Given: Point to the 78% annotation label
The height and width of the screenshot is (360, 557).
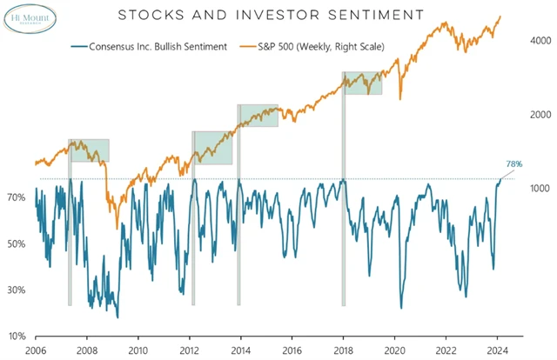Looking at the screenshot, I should point(514,164).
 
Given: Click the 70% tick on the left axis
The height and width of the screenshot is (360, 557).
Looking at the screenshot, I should point(17,198).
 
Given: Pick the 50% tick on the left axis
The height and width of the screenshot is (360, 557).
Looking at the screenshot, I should point(17,244).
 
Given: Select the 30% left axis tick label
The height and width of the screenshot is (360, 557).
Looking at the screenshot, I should point(17,290).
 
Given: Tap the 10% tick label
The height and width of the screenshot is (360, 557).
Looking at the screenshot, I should point(17,337).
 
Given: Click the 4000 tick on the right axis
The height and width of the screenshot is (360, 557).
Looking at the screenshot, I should point(540,41).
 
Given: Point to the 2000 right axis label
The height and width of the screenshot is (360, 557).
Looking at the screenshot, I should point(540,115).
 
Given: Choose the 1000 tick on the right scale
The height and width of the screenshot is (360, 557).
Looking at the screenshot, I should point(540,188).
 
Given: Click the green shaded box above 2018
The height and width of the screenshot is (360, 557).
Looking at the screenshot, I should point(364,83).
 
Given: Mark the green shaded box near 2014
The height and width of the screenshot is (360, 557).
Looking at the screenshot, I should point(259,116).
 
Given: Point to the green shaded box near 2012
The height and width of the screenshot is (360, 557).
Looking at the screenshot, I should point(213,147).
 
